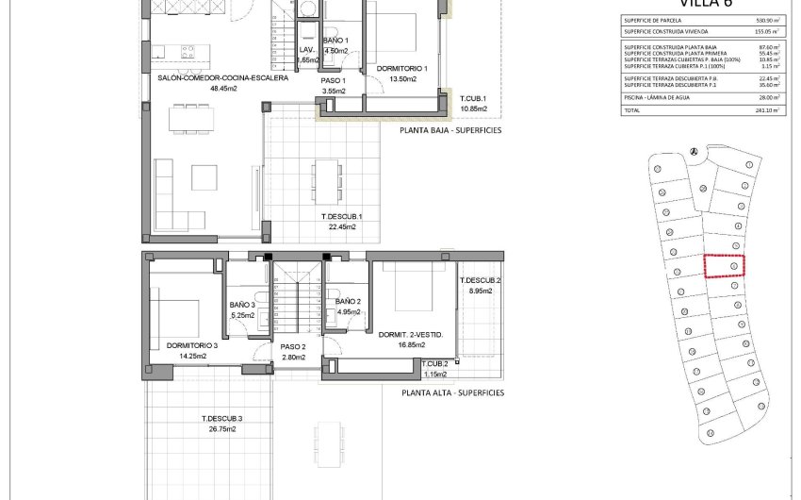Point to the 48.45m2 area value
(x=223, y=89)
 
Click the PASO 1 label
(x=335, y=81)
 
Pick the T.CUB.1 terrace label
(x=474, y=99)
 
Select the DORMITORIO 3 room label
(x=192, y=346)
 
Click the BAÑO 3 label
(x=243, y=305)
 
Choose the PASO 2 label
(x=294, y=346)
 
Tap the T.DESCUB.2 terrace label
(x=480, y=281)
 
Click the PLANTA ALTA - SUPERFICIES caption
(x=452, y=392)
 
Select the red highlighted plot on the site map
(x=725, y=266)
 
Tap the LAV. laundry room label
(x=306, y=49)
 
